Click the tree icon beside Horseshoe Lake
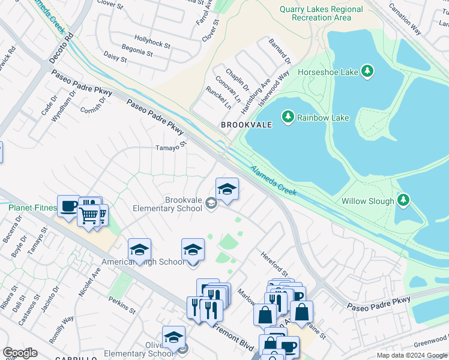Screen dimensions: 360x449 pyautogui.click(x=368, y=72)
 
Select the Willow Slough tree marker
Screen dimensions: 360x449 pyautogui.click(x=404, y=200)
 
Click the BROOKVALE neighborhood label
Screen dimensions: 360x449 pyautogui.click(x=246, y=125)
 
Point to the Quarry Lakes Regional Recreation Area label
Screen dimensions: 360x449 pyautogui.click(x=321, y=13)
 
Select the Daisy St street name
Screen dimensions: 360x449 pyautogui.click(x=115, y=57)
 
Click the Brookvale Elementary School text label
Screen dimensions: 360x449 pyautogui.click(x=167, y=204)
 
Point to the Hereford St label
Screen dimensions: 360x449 pyautogui.click(x=274, y=263)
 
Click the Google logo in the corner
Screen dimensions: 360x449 pyautogui.click(x=20, y=353)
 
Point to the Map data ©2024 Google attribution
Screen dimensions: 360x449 pyautogui.click(x=411, y=355)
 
